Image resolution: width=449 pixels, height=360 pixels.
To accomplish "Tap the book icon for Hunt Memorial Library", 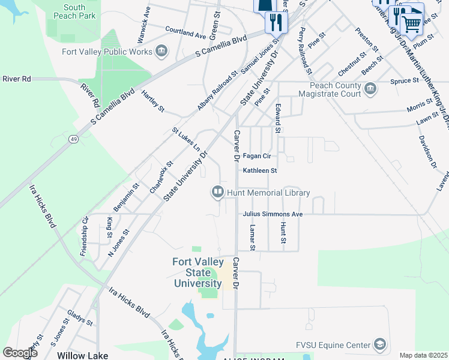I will (217, 193).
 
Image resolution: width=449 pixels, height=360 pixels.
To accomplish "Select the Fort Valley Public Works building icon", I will (161, 52).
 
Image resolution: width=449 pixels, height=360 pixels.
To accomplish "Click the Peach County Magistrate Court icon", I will (370, 90).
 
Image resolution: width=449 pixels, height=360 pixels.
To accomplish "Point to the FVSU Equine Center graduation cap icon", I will (379, 344).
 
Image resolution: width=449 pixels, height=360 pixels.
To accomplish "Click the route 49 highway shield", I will (73, 139).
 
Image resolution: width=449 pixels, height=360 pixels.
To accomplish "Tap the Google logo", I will (20, 352).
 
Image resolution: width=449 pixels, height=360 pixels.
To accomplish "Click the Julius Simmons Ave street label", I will (273, 214).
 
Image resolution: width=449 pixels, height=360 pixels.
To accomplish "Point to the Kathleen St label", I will (259, 170).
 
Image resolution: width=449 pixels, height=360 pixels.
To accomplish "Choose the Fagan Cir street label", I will (257, 156).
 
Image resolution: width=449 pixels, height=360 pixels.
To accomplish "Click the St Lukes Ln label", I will (185, 139).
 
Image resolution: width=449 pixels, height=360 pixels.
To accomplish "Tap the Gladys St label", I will (79, 318).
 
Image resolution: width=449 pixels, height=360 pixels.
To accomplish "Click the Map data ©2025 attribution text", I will (423, 355).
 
